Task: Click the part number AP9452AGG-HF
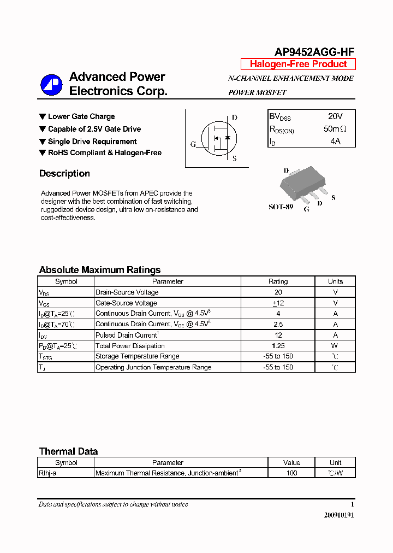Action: pyautogui.click(x=314, y=52)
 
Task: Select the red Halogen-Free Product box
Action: pyautogui.click(x=298, y=64)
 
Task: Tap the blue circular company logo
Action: pyautogui.click(x=52, y=85)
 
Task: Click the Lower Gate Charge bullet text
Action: pyautogui.click(x=81, y=116)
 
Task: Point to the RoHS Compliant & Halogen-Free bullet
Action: pyautogui.click(x=104, y=153)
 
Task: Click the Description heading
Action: pyautogui.click(x=64, y=174)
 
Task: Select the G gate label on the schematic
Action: pyautogui.click(x=193, y=144)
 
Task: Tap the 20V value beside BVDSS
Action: pyautogui.click(x=335, y=116)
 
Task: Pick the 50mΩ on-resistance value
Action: pyautogui.click(x=335, y=130)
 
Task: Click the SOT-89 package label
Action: pyautogui.click(x=281, y=207)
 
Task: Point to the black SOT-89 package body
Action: pyautogui.click(x=297, y=183)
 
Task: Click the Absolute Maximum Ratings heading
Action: pyautogui.click(x=100, y=270)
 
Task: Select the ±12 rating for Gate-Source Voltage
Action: pyautogui.click(x=278, y=303)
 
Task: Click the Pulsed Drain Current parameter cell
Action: pyautogui.click(x=127, y=335)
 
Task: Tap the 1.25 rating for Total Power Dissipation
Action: pyautogui.click(x=278, y=346)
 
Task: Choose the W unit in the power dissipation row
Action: pyautogui.click(x=335, y=346)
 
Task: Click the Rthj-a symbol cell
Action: pyautogui.click(x=47, y=473)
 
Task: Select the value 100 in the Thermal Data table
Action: pyautogui.click(x=291, y=473)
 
